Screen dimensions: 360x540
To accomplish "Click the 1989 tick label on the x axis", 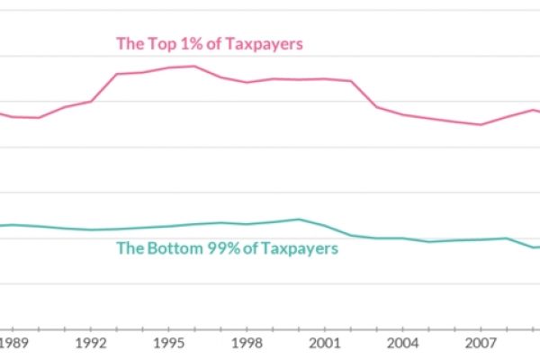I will [x=13, y=343].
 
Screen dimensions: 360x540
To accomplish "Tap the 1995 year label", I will [x=168, y=343].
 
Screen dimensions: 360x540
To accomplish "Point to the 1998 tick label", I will [x=247, y=343].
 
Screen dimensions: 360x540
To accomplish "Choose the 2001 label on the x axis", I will [x=325, y=343].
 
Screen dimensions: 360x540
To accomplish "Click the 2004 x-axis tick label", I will [x=402, y=343].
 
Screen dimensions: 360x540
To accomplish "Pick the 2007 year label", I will [x=481, y=343].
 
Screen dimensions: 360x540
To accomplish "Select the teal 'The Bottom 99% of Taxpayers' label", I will [x=228, y=248].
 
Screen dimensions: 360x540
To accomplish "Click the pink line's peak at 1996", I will [x=194, y=66].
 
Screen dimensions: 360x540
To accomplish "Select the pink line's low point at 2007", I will [x=481, y=125].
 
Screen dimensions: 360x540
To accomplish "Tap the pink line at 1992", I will [x=91, y=101].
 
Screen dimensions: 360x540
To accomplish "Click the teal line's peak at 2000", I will [x=298, y=219].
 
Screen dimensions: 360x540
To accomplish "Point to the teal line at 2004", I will [x=402, y=238].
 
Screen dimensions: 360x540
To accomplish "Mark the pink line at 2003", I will [x=376, y=107].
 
